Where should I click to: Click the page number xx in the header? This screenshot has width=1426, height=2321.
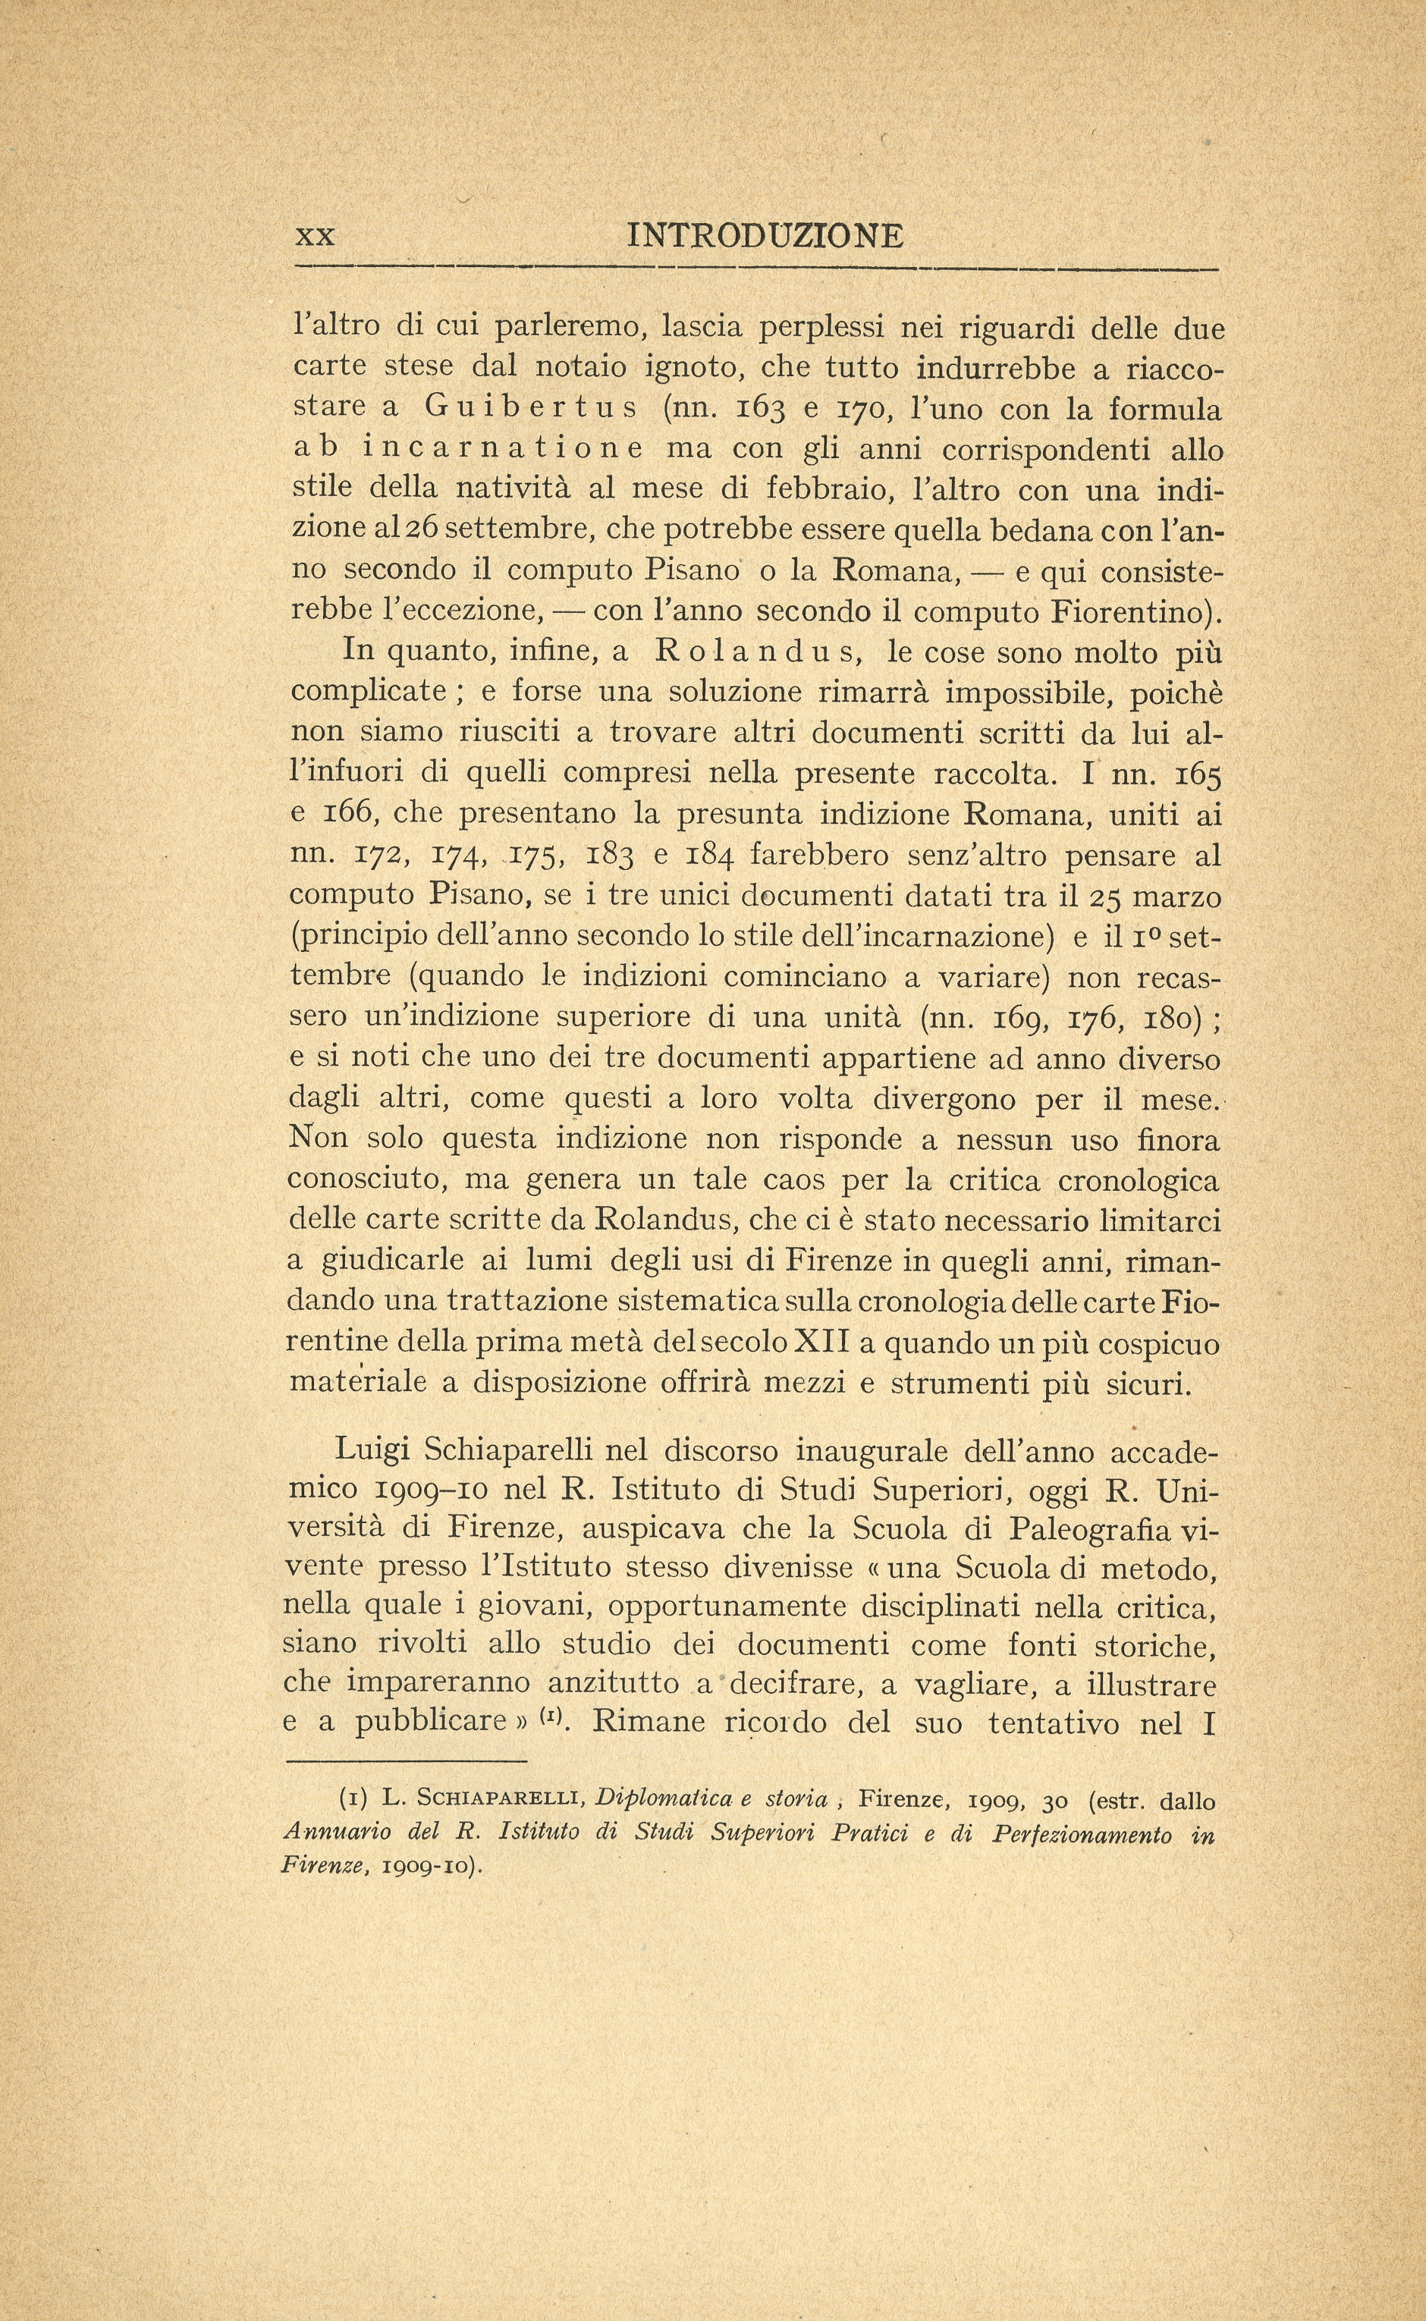(x=315, y=236)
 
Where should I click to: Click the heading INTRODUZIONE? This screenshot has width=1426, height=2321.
(x=765, y=235)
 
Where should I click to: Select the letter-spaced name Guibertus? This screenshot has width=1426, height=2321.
(x=532, y=408)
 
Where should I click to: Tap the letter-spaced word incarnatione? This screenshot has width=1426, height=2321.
(x=504, y=449)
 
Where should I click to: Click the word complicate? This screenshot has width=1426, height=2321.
(x=369, y=693)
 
